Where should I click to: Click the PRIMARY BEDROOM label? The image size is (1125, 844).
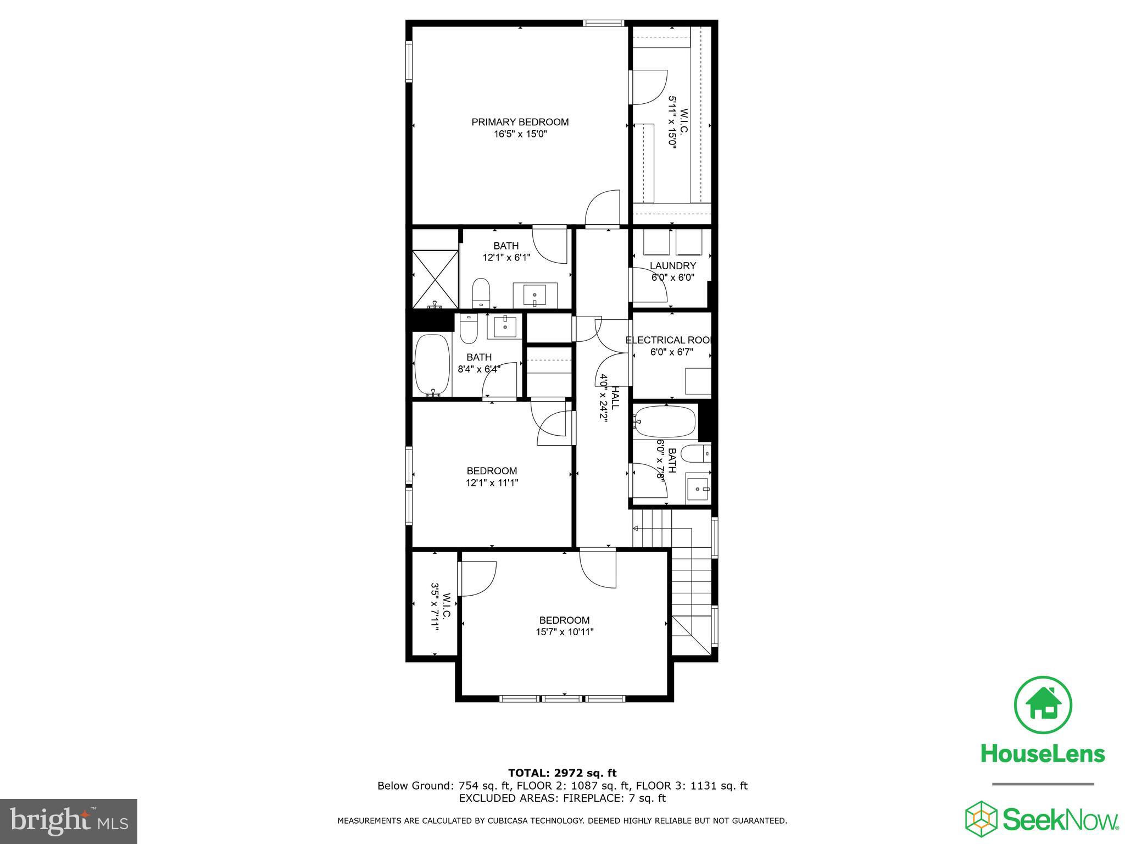click(x=520, y=122)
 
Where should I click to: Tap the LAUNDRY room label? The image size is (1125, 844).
click(x=672, y=266)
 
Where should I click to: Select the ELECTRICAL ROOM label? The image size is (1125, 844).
click(x=669, y=340)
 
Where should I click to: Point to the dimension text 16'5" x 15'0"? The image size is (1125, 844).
click(x=520, y=134)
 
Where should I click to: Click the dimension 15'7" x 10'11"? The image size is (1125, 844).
click(x=565, y=632)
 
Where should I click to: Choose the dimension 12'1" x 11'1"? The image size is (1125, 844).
click(x=492, y=483)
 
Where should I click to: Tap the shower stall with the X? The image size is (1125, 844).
click(x=435, y=279)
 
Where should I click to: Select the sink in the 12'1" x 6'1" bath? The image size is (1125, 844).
click(x=534, y=296)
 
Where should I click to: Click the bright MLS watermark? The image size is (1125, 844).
click(x=69, y=821)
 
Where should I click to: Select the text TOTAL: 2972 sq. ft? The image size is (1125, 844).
click(x=562, y=774)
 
